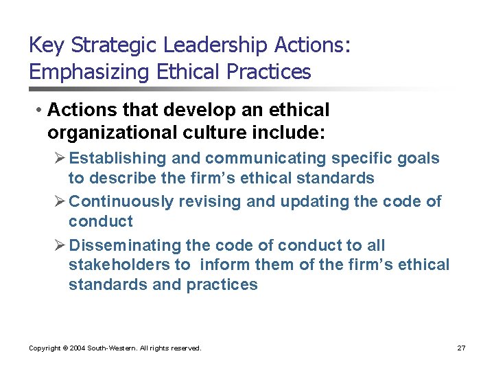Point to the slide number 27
click(461, 348)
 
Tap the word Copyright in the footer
click(45, 348)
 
